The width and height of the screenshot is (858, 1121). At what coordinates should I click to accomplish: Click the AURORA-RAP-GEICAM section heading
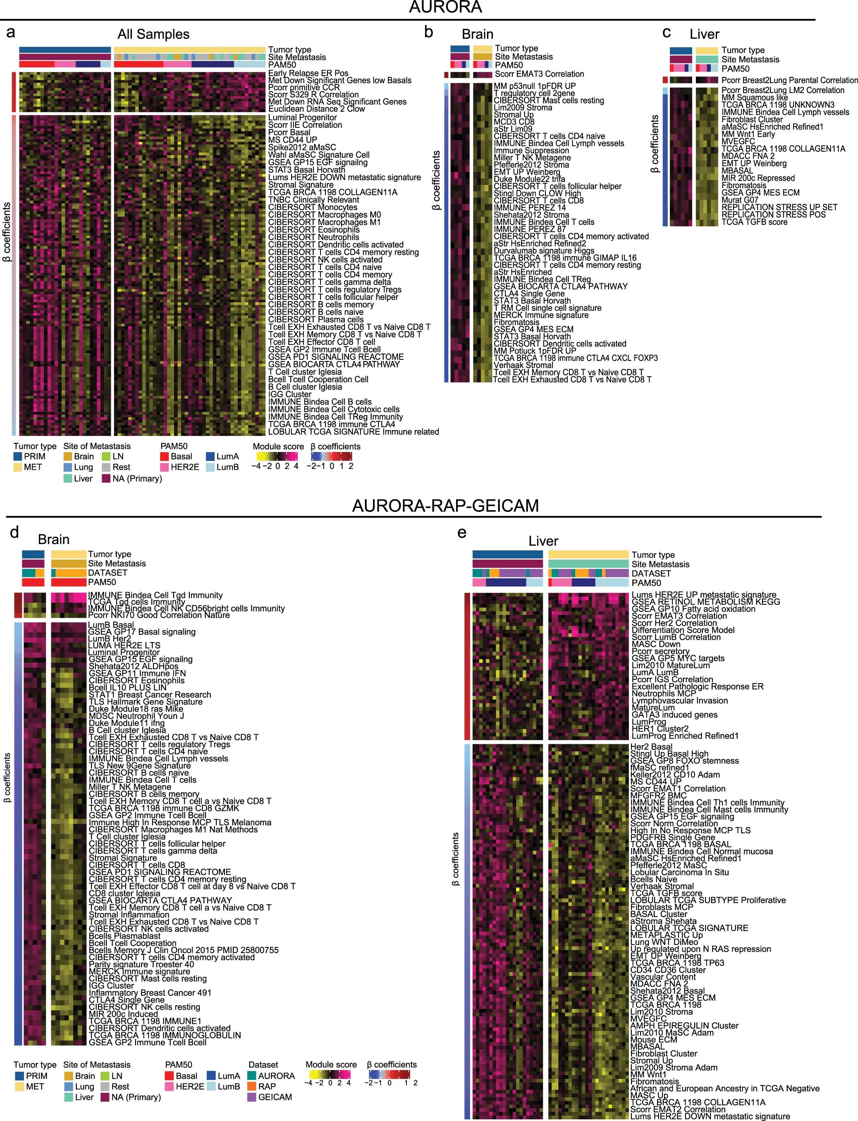pos(445,506)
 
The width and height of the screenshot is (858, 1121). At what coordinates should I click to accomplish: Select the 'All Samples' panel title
pos(153,34)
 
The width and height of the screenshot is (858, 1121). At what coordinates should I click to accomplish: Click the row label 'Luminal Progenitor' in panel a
pos(302,117)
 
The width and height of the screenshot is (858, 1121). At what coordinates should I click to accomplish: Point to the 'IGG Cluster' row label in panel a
pos(289,394)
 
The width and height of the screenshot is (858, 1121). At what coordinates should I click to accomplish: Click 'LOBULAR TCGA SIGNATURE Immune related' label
pos(354,432)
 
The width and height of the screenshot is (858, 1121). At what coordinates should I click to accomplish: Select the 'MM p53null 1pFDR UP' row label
pos(534,86)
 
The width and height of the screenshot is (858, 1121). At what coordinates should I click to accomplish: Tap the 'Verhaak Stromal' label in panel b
pos(523,365)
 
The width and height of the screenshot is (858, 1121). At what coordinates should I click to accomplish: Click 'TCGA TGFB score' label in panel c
pos(754,222)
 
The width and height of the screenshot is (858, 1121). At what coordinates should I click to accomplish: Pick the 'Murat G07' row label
pos(739,200)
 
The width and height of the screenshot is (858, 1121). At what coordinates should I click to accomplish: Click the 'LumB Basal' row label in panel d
pos(111,625)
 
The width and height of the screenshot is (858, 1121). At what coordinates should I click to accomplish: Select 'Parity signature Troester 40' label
pos(141,964)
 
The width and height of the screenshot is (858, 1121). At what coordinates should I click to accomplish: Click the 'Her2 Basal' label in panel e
pos(651,747)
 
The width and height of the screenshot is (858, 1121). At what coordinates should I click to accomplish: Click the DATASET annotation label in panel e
pos(651,574)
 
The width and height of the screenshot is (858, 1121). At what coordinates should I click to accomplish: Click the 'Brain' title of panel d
pos(54,540)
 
